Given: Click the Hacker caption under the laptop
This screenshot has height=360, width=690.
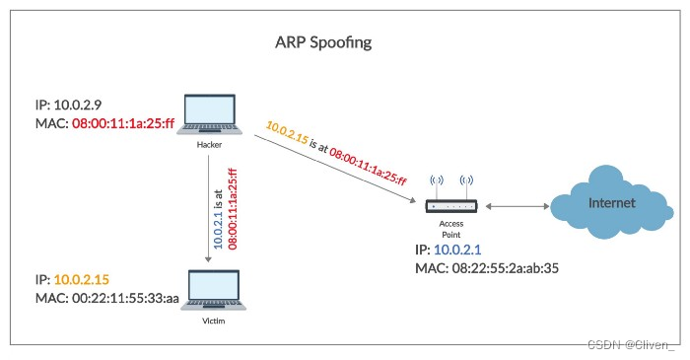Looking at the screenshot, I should point(208,145).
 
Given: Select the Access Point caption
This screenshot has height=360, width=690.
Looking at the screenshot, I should point(450,230).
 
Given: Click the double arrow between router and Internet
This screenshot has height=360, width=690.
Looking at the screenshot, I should point(516,206).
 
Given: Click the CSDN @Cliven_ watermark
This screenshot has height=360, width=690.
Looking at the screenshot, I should point(631,344).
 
